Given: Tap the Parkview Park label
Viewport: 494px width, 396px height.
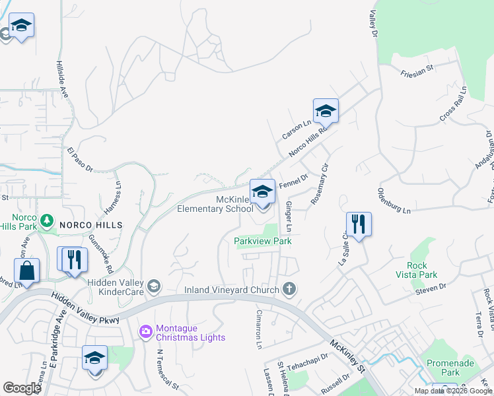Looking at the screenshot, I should pyautogui.click(x=263, y=241).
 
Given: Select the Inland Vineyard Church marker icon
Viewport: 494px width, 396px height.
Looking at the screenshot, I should pyautogui.click(x=289, y=288).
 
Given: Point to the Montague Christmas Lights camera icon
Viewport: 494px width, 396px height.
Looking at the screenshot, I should pyautogui.click(x=145, y=330).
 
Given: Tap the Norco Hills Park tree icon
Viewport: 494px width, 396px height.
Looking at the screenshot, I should pyautogui.click(x=46, y=220).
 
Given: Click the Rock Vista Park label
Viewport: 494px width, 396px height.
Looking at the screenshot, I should pyautogui.click(x=417, y=269).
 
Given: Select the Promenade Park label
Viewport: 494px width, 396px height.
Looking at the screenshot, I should pyautogui.click(x=442, y=368).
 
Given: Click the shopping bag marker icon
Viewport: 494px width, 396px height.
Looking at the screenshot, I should pyautogui.click(x=26, y=271).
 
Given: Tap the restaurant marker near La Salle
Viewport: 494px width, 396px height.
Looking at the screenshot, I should pyautogui.click(x=359, y=224).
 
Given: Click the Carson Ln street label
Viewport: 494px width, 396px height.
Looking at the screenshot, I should pyautogui.click(x=296, y=129).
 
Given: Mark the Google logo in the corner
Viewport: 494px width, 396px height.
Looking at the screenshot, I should pyautogui.click(x=22, y=388).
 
